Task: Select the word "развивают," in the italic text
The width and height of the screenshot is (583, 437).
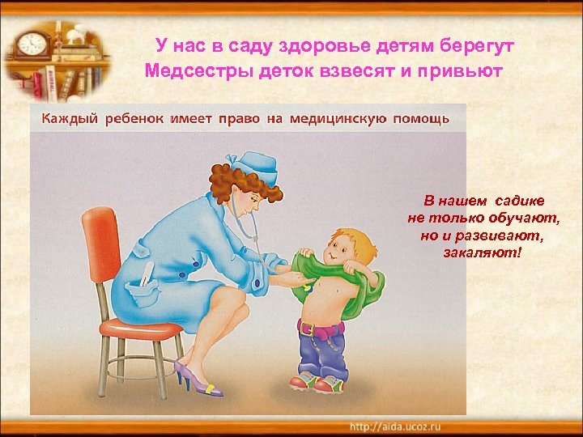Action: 495,236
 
